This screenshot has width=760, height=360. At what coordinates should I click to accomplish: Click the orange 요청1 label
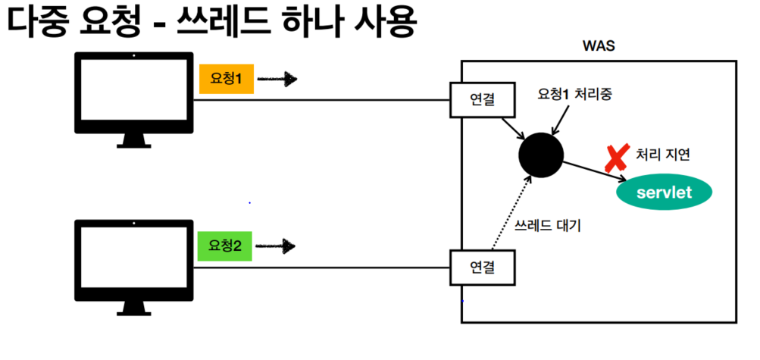point(226,79)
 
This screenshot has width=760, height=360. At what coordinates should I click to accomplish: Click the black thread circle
point(540,155)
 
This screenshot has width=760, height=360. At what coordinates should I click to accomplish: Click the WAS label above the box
point(597,45)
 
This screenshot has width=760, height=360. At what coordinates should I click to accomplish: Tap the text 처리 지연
point(665,155)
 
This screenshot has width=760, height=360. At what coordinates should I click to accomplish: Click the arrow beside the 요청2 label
point(277,246)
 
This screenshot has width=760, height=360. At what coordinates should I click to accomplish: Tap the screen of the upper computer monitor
point(133,89)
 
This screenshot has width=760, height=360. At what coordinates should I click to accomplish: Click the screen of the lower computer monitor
point(133,257)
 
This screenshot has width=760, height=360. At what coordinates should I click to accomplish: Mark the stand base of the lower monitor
point(133,311)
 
